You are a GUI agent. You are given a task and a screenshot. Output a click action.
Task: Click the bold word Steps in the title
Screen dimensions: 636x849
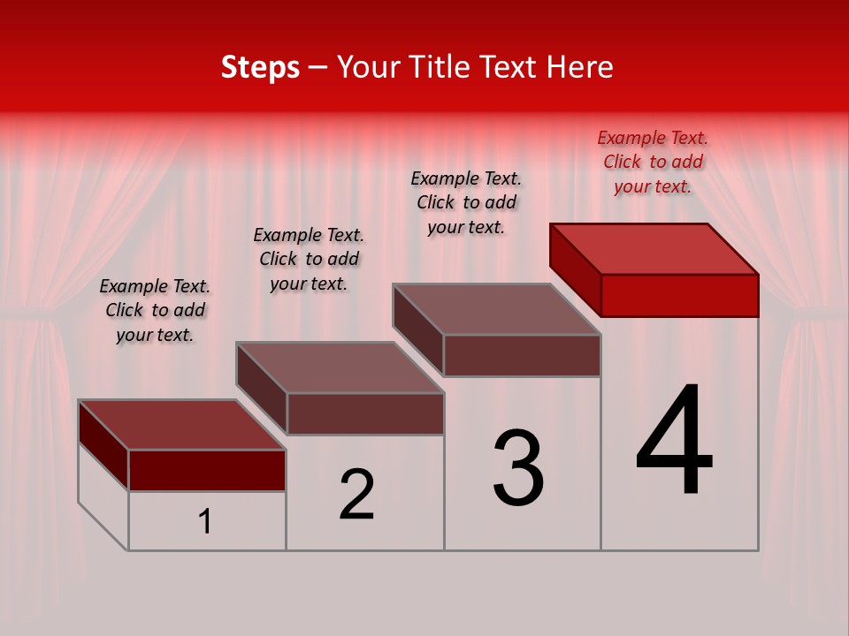(x=260, y=67)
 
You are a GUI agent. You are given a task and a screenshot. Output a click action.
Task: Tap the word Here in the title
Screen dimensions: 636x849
(x=582, y=67)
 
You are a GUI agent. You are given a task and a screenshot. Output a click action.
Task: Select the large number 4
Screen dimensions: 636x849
(x=674, y=442)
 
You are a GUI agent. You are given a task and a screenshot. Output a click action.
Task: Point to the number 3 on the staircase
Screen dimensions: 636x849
(x=518, y=468)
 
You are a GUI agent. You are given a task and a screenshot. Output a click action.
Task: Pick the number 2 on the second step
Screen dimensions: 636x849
(x=357, y=495)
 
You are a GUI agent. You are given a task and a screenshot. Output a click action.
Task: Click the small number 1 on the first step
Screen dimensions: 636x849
(x=205, y=522)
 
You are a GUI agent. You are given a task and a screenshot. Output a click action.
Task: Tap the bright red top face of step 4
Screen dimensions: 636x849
(x=654, y=249)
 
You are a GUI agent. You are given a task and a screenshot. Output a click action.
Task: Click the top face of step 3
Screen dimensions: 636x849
(x=497, y=309)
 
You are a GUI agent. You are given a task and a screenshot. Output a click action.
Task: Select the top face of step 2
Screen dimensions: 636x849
(x=340, y=367)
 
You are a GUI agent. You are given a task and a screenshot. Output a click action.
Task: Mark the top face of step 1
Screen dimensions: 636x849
(x=182, y=425)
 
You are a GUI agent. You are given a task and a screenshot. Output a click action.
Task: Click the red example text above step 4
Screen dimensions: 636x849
(x=653, y=162)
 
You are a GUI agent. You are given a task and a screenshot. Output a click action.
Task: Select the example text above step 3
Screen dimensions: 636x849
(x=466, y=202)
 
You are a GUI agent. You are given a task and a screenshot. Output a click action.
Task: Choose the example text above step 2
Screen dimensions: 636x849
(x=309, y=259)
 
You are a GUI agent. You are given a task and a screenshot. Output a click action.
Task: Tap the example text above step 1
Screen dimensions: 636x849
(x=155, y=310)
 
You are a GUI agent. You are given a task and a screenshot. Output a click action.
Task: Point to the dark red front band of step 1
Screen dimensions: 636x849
(x=207, y=470)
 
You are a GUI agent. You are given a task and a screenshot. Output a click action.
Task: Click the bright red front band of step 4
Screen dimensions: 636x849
(x=679, y=295)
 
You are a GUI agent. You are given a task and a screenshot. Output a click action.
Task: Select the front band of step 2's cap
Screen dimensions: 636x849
(x=365, y=413)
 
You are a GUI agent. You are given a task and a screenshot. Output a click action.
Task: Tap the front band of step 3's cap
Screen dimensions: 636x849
(x=522, y=355)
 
